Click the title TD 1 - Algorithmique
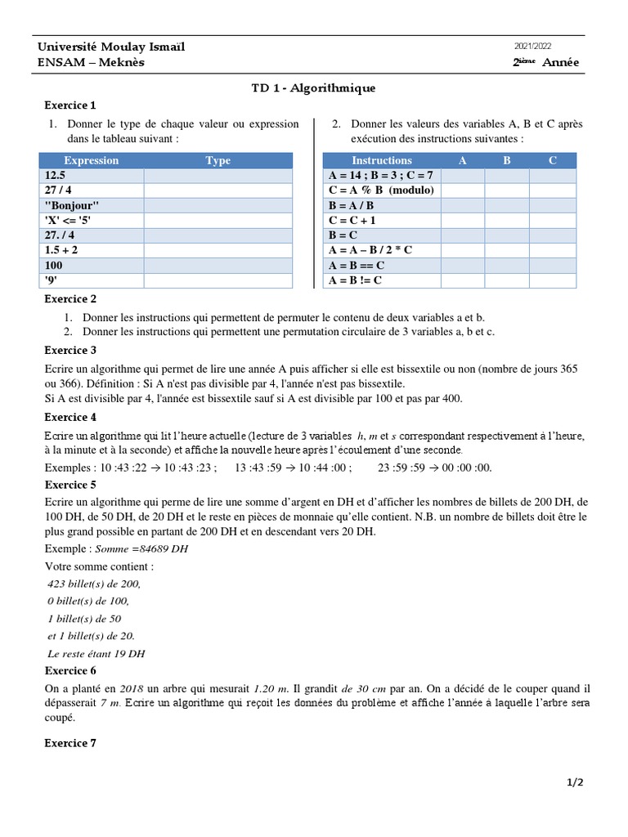[x=313, y=88]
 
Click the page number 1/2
[x=576, y=782]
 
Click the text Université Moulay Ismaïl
[x=111, y=47]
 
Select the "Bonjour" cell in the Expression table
[x=72, y=205]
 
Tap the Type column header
[x=218, y=161]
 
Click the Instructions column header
[x=381, y=161]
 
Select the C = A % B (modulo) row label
[x=381, y=190]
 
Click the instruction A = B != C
[x=355, y=280]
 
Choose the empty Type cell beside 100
[x=218, y=266]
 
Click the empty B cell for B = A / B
[x=507, y=205]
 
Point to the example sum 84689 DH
[x=141, y=548]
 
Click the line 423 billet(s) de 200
[x=94, y=584]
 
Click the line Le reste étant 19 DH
[x=96, y=654]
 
